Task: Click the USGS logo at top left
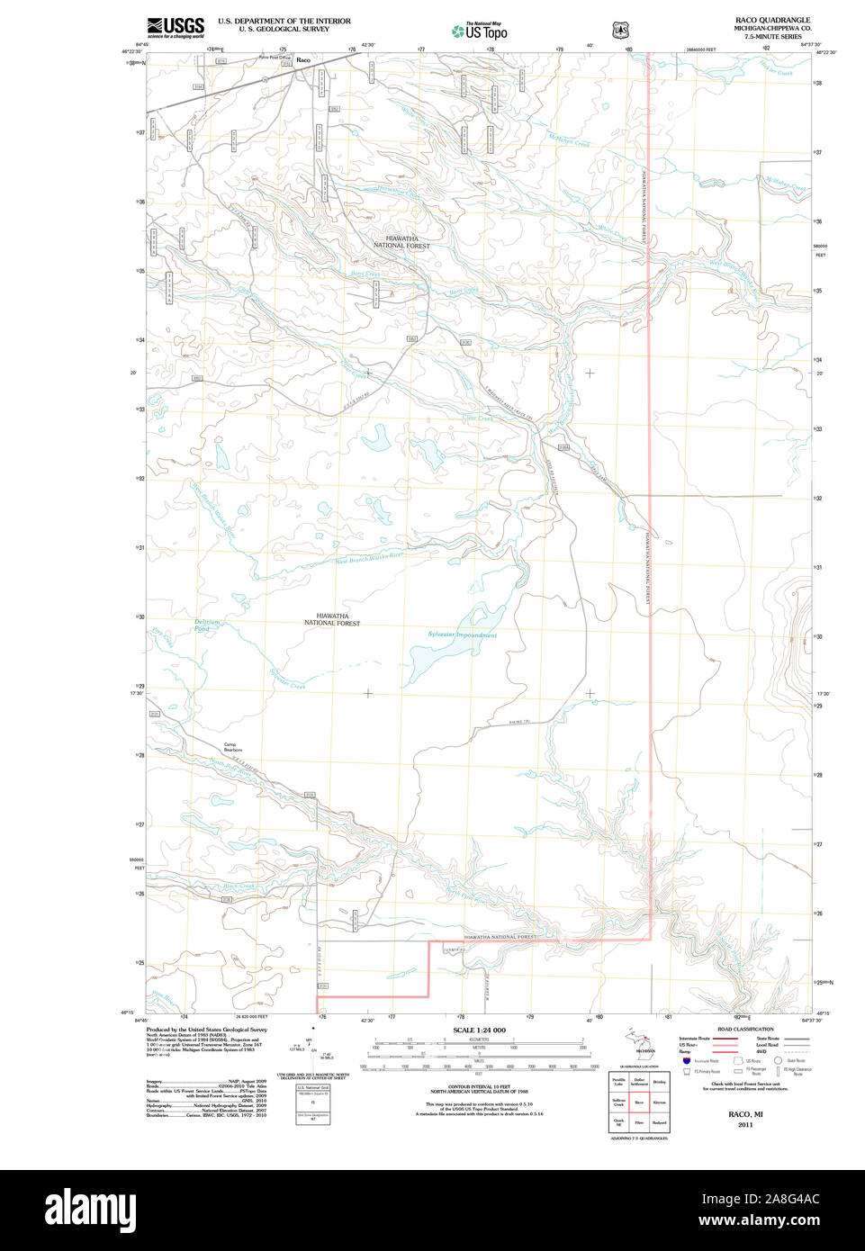point(176,27)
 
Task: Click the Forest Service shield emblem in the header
point(619,30)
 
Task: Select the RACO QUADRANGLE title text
point(772,20)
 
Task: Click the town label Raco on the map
point(303,60)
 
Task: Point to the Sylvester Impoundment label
point(462,635)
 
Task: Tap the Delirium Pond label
point(207,625)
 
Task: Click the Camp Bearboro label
point(232,747)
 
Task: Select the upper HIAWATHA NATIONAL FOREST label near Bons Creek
point(401,242)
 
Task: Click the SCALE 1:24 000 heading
point(479,1030)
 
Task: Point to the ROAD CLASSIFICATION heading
point(744,1029)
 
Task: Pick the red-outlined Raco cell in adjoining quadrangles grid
point(639,1102)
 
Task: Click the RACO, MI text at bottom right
point(745,1114)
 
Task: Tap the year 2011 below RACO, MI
point(745,1125)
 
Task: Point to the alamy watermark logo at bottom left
point(90,1208)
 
